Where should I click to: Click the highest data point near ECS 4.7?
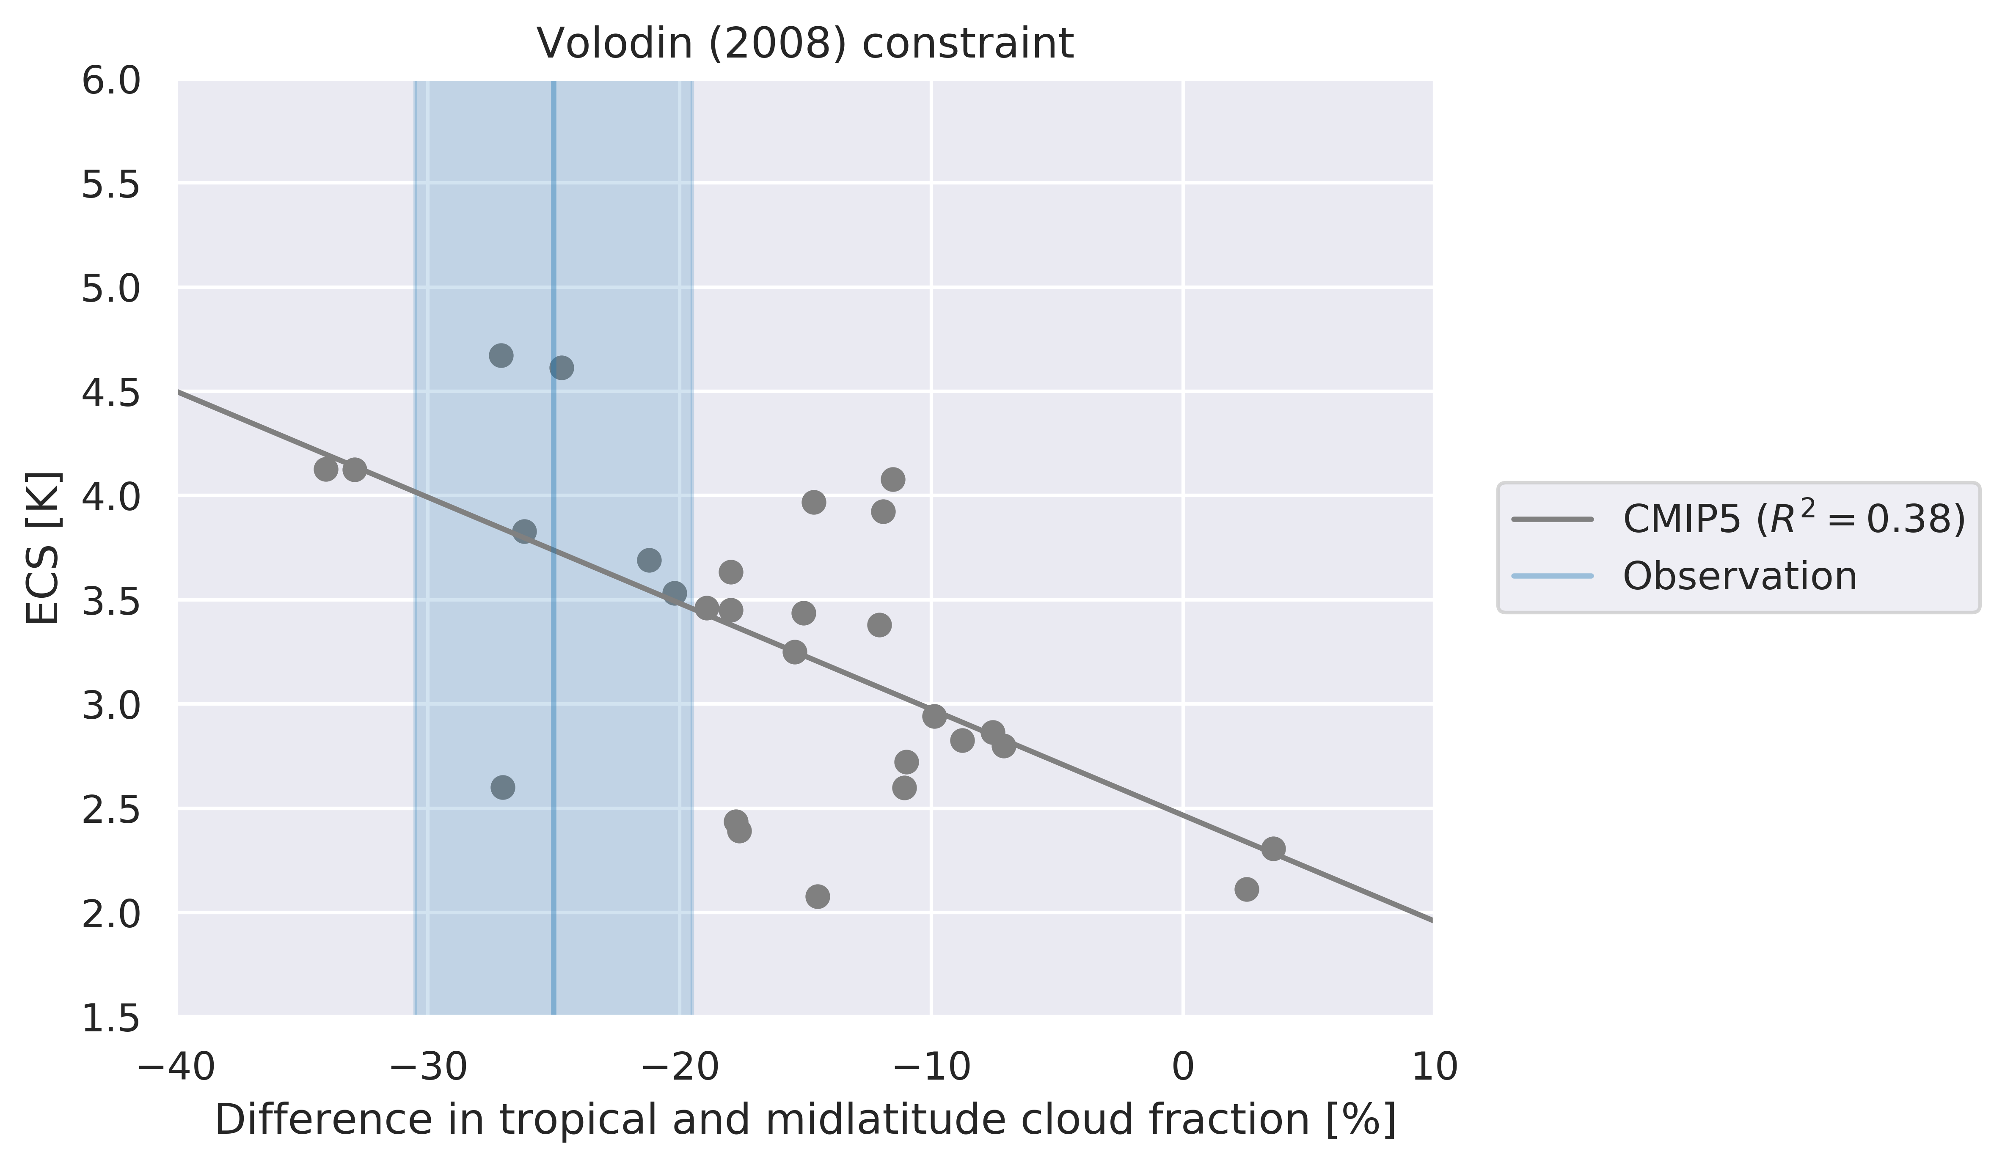[501, 356]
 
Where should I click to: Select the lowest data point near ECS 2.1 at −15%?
[817, 897]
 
